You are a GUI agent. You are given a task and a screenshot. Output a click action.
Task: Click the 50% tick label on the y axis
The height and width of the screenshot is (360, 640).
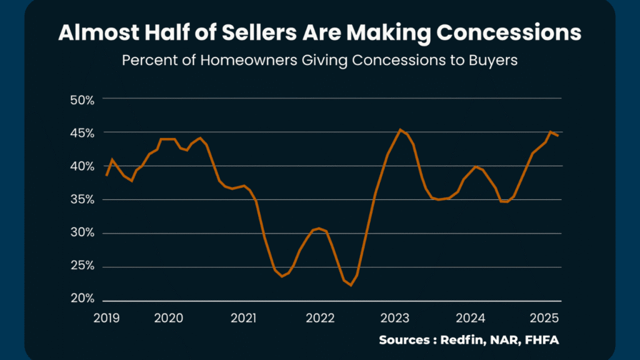pos(82,99)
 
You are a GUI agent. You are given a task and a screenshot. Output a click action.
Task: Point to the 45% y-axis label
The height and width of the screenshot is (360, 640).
pos(82,132)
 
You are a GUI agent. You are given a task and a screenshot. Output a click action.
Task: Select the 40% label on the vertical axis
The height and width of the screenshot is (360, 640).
pos(82,166)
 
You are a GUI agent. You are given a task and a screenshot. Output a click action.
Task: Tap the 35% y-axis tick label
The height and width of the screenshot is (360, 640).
pos(82,199)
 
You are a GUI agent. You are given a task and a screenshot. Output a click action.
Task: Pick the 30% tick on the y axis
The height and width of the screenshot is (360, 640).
pos(82,233)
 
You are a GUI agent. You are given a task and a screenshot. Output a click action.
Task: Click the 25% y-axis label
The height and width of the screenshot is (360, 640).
pos(82,266)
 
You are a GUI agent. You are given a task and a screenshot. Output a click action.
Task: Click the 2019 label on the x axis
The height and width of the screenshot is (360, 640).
pos(106,317)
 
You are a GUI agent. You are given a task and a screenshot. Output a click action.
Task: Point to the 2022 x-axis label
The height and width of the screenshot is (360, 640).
pos(321,317)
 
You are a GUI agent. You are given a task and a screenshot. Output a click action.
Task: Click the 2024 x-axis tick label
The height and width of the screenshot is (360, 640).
pos(471,317)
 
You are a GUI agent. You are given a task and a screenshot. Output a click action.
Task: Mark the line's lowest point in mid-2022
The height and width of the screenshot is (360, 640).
pos(351,285)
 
